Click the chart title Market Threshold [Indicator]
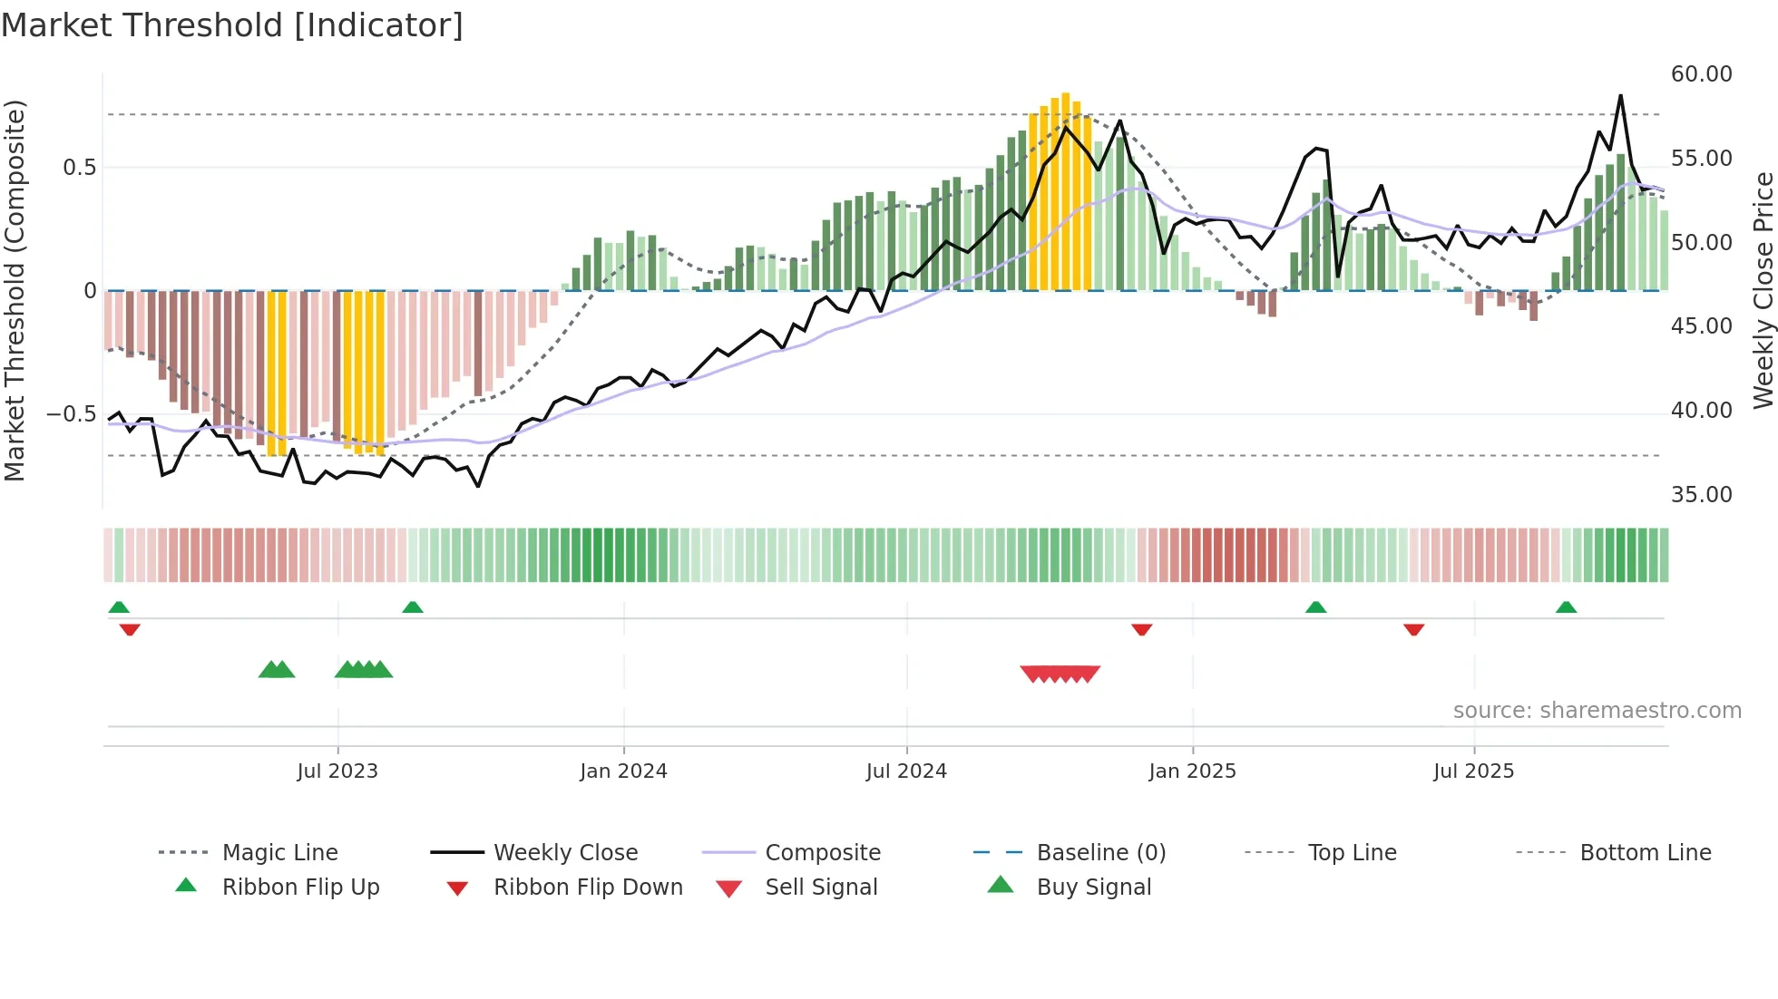point(232,25)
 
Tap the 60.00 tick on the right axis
point(1701,74)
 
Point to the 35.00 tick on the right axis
point(1701,495)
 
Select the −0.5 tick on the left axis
point(72,414)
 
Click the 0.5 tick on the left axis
point(79,168)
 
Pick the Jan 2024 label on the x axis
point(623,771)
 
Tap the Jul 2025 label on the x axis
point(1473,771)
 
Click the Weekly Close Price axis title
point(1763,290)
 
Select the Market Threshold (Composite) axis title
point(15,290)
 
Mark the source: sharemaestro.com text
point(1597,711)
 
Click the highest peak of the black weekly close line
point(1620,96)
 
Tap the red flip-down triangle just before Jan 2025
point(1141,629)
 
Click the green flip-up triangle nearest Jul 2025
point(1566,607)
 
